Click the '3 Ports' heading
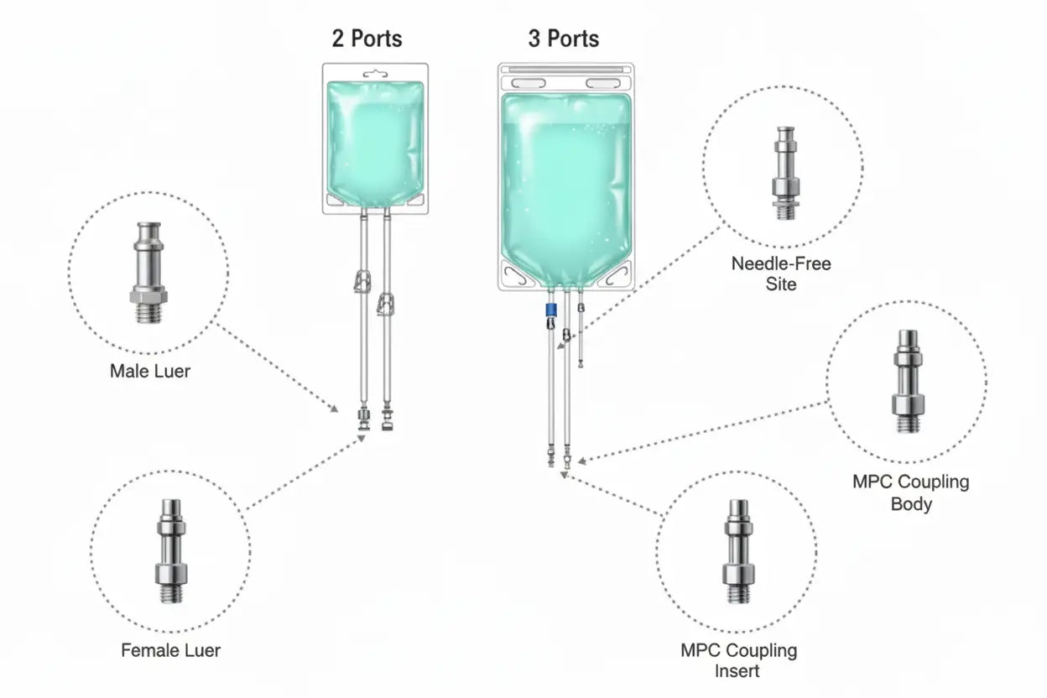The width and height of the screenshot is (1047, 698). click(x=563, y=39)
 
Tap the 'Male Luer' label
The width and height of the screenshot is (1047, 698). click(x=149, y=370)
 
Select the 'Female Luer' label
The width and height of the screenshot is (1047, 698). click(x=170, y=649)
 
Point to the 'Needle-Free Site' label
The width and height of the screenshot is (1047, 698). click(x=780, y=273)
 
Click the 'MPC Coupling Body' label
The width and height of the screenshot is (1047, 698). click(x=910, y=493)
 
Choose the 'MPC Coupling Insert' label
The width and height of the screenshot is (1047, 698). click(x=738, y=660)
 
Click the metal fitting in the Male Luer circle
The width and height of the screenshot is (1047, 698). click(x=148, y=272)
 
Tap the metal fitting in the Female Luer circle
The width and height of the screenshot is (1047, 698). click(x=170, y=550)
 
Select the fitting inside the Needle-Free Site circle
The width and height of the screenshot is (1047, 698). click(x=785, y=173)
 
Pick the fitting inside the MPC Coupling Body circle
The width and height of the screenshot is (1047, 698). click(x=907, y=381)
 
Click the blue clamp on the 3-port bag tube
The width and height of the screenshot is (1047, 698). click(x=551, y=310)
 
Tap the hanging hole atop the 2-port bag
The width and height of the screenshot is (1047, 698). click(x=374, y=74)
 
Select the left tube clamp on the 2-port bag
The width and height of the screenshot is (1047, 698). click(x=362, y=281)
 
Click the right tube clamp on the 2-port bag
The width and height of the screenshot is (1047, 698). click(x=387, y=303)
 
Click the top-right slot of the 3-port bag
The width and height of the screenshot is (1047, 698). click(x=604, y=83)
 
